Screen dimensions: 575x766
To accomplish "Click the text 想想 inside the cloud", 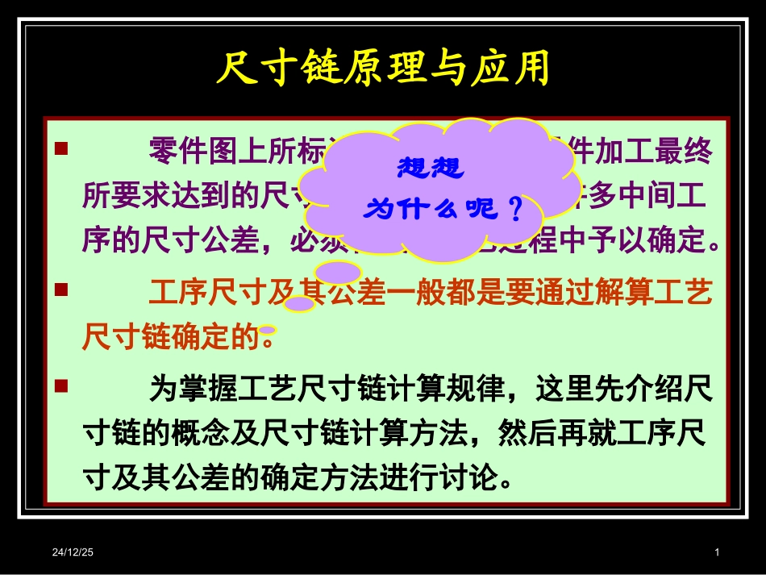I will [x=431, y=169].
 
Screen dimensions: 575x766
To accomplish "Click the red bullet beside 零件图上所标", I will [x=60, y=149].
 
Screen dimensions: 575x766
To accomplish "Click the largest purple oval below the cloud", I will [x=338, y=273].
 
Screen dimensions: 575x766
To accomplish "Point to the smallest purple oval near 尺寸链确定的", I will [x=268, y=330].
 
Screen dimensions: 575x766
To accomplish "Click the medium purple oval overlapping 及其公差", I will [x=300, y=303].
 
